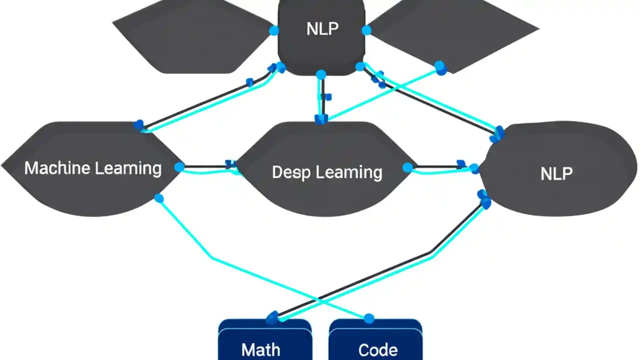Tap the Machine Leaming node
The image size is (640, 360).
tap(92, 168)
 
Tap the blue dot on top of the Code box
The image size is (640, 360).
tap(369, 318)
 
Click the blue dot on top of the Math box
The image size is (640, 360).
tap(272, 318)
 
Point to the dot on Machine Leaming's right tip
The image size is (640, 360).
tap(179, 167)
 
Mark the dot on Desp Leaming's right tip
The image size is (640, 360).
tap(408, 167)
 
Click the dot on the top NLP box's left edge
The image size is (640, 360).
tap(274, 30)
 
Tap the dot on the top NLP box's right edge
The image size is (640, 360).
tap(366, 30)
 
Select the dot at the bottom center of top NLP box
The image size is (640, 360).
tap(321, 74)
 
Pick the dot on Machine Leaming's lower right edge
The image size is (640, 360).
tap(159, 198)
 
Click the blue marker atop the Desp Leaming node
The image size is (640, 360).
tap(320, 119)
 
